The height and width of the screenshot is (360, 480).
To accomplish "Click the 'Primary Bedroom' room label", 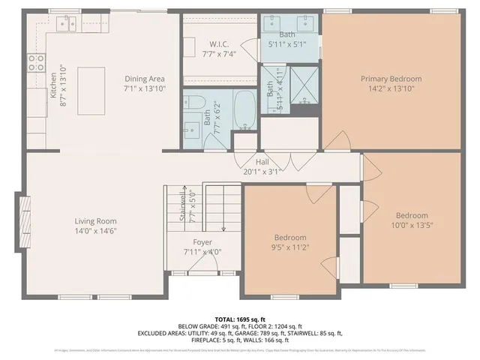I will coord(391,79).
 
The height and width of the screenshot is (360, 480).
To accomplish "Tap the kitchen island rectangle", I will coord(90,79).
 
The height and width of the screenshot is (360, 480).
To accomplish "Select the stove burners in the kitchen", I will coord(35,63).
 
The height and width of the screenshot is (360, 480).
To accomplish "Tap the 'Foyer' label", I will coord(202,242).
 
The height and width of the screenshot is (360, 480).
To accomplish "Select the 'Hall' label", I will coord(262,161).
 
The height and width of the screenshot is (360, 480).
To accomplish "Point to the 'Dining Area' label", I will coord(145,79).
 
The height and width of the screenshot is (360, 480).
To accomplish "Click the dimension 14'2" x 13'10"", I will coord(391,88).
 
